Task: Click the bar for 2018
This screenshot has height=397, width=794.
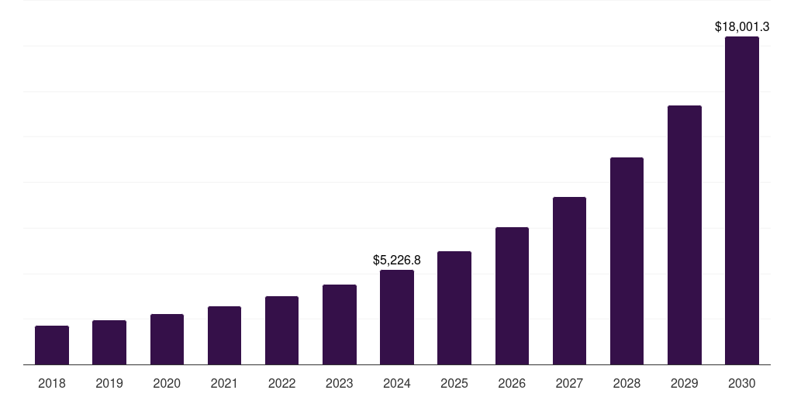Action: [x=52, y=345]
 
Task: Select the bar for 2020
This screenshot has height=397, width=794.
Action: [x=167, y=340]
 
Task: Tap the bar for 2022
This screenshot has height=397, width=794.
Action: [x=281, y=330]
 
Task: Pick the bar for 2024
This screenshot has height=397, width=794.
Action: [x=397, y=317]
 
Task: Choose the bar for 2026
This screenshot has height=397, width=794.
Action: [x=512, y=295]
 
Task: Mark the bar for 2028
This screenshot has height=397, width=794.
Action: [x=627, y=261]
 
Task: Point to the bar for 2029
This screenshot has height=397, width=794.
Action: [x=685, y=235]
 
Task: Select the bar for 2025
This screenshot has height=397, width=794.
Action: [x=454, y=308]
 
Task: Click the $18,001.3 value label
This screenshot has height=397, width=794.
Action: [x=742, y=26]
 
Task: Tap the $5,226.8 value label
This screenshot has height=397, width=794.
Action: [x=397, y=260]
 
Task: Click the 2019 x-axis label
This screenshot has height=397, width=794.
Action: [x=109, y=383]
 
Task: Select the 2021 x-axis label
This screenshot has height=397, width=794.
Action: [x=224, y=383]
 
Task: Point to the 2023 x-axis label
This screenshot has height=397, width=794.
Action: [x=340, y=383]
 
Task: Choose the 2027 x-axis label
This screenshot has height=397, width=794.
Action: [x=569, y=383]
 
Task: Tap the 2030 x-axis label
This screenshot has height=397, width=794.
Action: [x=742, y=383]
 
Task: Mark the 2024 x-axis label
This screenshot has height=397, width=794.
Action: [x=397, y=383]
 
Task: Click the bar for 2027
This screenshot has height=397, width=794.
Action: [x=569, y=281]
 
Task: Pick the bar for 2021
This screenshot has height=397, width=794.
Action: [x=224, y=335]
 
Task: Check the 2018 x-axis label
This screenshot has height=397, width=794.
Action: [x=52, y=383]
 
